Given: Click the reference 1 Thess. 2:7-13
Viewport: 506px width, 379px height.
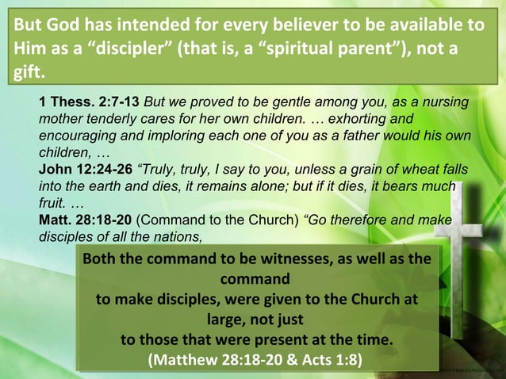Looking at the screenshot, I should point(89,104).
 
